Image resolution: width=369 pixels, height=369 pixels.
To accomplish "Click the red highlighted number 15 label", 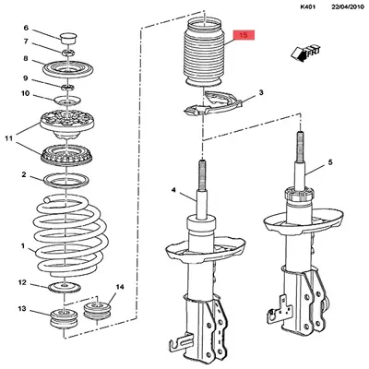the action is click(x=244, y=35).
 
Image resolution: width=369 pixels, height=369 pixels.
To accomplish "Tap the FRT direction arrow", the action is click(x=304, y=53).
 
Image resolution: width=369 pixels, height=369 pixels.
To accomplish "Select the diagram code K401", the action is click(x=308, y=7).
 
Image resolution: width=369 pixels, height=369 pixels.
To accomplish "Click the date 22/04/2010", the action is click(x=348, y=7).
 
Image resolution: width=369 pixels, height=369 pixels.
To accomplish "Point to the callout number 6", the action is click(x=26, y=28).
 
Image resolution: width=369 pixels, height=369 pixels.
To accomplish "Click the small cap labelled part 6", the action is click(x=68, y=38).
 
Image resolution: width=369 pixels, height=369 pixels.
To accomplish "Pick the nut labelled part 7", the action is click(x=68, y=53).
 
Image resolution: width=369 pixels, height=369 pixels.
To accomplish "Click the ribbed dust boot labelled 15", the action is click(x=205, y=55).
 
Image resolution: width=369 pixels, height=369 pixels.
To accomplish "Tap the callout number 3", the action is click(x=261, y=92).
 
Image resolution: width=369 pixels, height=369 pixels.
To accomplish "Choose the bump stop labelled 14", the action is click(x=98, y=311).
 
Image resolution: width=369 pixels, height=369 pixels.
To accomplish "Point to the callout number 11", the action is click(x=8, y=138).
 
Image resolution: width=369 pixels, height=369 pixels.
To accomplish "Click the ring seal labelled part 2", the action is click(x=66, y=181).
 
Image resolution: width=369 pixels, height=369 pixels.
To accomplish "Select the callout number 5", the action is click(x=330, y=162).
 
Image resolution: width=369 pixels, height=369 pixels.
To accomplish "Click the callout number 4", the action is click(x=173, y=190).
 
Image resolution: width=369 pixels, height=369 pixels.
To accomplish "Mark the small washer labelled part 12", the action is click(x=65, y=287).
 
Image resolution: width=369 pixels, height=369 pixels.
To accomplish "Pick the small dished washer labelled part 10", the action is click(x=67, y=101).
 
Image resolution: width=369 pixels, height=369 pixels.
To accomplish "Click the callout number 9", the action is click(x=26, y=78).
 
